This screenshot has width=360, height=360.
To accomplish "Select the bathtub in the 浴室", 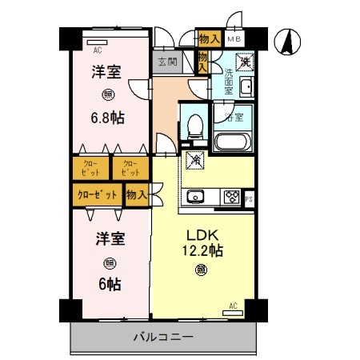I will coord(234,142).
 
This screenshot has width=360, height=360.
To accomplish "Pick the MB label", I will coord(234,38).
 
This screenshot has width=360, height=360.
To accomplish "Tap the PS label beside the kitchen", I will coord(249,199).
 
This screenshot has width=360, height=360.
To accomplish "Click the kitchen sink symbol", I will coord(196,197).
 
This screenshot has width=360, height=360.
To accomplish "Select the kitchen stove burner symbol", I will coord(232,197).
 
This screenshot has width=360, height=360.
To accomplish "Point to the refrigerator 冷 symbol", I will coord(194,159).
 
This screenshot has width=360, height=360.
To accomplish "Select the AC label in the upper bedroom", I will coord(98,47).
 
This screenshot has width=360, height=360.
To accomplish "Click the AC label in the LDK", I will coord(233,305).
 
